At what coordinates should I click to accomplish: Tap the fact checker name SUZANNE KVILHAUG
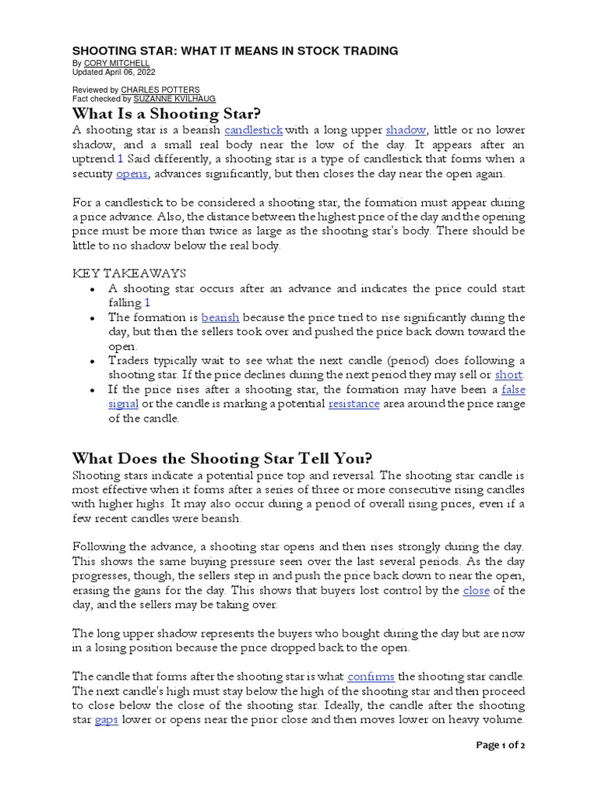point(174,99)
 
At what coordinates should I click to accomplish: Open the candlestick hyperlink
point(254,130)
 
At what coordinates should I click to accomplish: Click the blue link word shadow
point(406,130)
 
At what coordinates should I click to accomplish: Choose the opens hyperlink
point(132,174)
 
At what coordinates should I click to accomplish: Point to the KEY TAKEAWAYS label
point(129,274)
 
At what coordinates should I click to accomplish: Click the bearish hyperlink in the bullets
point(220,318)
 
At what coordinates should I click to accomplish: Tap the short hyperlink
point(509,376)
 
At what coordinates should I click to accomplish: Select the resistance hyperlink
point(354,404)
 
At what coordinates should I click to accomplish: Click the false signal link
point(513,390)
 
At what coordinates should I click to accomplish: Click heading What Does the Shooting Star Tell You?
point(222,457)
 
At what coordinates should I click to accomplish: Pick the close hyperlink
point(476,591)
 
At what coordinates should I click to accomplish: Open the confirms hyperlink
point(371,676)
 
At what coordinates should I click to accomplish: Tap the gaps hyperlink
point(106,721)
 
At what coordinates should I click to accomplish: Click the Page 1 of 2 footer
point(501,746)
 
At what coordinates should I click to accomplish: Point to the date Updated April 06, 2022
point(114,72)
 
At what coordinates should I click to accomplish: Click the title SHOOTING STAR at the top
point(235,51)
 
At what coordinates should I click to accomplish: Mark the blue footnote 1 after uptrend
point(120,159)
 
